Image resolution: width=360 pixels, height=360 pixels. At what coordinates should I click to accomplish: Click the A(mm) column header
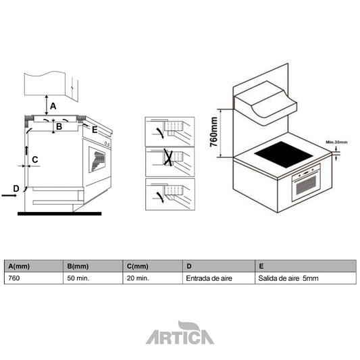tap(17, 265)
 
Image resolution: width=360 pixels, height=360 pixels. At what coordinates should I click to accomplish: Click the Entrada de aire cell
tap(209, 278)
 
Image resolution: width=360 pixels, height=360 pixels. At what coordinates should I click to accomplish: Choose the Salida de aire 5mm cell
tap(287, 278)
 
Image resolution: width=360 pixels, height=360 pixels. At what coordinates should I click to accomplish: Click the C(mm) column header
tap(138, 265)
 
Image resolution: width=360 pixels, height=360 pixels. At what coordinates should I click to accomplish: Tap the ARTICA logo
tap(180, 334)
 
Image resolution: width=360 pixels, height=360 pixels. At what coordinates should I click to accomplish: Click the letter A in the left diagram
tap(53, 105)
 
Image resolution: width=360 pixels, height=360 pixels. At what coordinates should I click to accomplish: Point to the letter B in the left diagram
tap(59, 126)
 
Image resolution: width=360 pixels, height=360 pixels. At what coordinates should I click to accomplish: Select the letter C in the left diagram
tap(34, 159)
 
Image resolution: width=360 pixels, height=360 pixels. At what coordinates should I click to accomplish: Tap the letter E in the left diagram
tap(95, 129)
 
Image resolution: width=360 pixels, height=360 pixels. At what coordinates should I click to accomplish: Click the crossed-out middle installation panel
tap(170, 160)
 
